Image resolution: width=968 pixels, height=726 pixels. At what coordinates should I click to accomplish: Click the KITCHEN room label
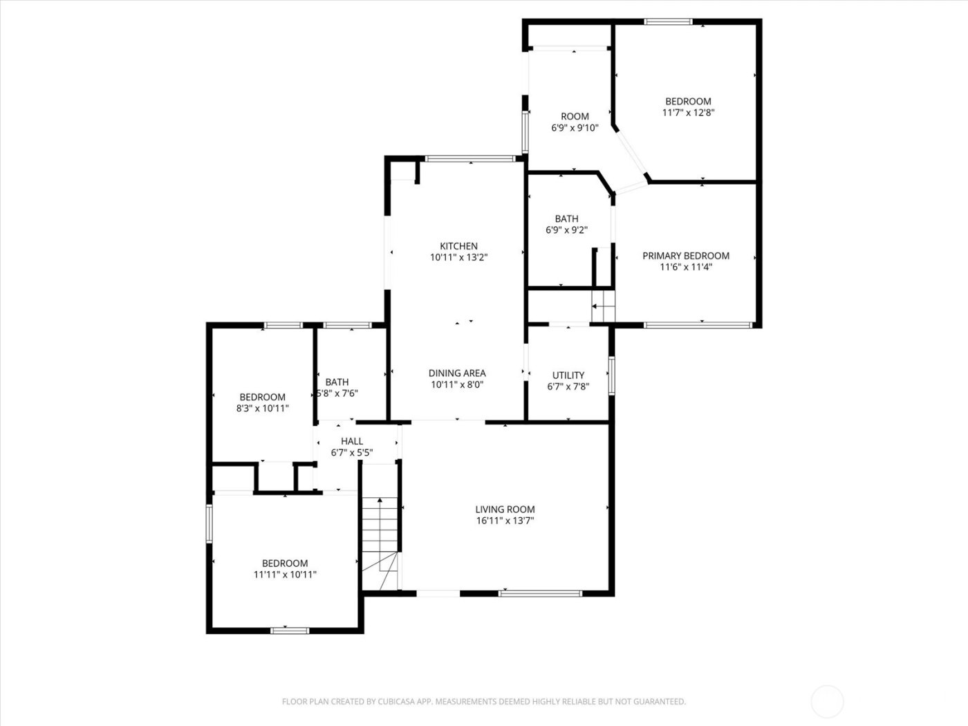pos(458,246)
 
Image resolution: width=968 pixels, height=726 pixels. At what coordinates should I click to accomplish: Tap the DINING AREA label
pos(456,373)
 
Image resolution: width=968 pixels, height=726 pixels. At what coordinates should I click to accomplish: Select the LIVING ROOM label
pos(505,510)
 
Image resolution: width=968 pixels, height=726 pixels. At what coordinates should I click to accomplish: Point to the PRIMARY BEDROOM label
pos(685,256)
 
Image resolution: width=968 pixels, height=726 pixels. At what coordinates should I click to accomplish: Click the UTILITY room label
pos(568,375)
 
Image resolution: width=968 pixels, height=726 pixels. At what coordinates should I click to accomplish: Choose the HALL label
pos(351,441)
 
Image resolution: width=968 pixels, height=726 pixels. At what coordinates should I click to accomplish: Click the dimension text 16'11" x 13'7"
pos(505,521)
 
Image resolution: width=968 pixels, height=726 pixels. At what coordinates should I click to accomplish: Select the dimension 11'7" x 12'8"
pos(688,112)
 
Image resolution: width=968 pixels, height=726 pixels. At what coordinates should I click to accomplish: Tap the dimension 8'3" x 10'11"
pos(262,408)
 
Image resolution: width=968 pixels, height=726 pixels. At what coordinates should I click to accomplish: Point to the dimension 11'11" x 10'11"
pos(284,574)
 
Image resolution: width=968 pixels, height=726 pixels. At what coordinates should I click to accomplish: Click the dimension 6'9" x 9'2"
pos(566,230)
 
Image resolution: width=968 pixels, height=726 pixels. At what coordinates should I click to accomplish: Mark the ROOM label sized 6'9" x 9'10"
pos(575,116)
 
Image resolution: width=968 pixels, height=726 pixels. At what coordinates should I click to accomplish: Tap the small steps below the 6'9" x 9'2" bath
pos(603,306)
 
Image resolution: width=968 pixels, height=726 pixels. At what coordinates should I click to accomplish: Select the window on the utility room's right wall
pos(611,375)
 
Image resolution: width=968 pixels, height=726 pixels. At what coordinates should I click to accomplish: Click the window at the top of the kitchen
pos(470,159)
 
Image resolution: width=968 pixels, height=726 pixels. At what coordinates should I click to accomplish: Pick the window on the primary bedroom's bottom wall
pos(697,324)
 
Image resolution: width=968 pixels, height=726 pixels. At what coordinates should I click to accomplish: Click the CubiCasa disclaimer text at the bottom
pos(483,702)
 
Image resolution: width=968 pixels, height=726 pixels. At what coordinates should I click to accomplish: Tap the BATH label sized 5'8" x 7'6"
pos(337,382)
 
